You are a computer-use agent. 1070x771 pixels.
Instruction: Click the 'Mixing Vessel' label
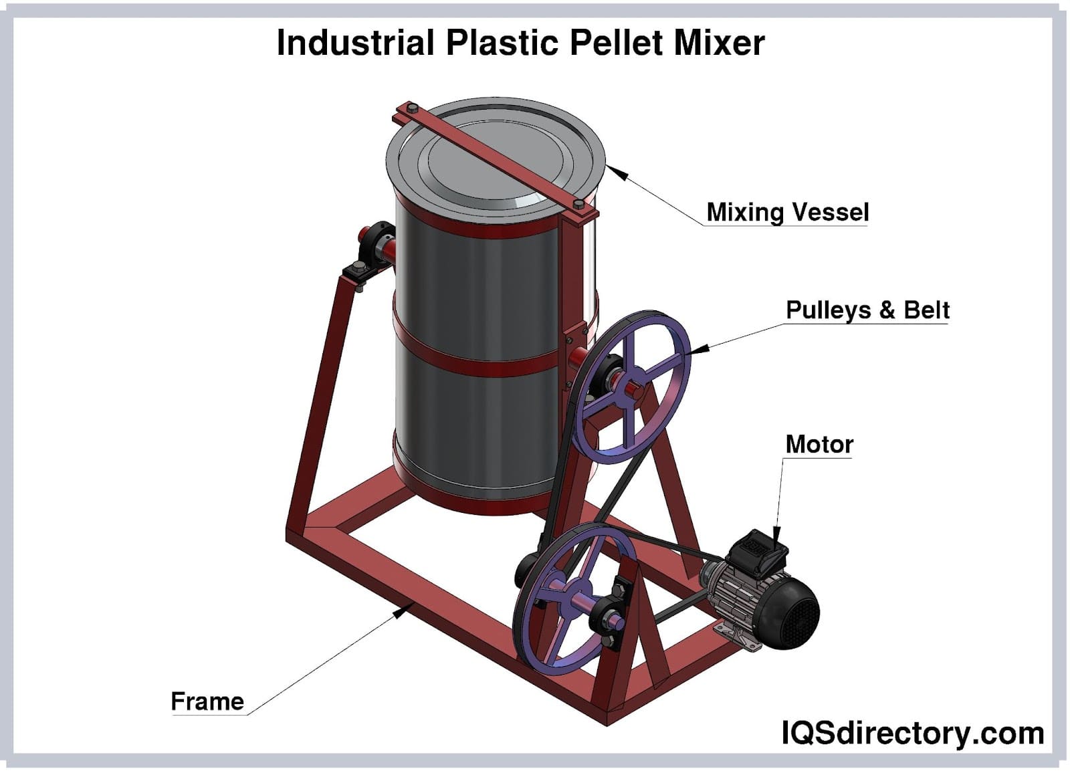click(787, 212)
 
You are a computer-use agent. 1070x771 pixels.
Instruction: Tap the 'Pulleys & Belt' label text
click(867, 310)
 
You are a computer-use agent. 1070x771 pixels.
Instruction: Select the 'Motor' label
click(819, 444)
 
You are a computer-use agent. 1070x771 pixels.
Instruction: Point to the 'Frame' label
click(207, 701)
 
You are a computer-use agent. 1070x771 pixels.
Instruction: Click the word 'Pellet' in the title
click(617, 43)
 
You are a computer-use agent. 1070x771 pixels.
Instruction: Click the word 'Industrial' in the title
click(355, 43)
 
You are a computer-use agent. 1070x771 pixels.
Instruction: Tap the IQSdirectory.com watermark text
click(912, 733)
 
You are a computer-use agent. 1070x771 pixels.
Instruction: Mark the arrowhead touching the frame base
click(401, 611)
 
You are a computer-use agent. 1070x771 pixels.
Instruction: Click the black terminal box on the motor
click(756, 551)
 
